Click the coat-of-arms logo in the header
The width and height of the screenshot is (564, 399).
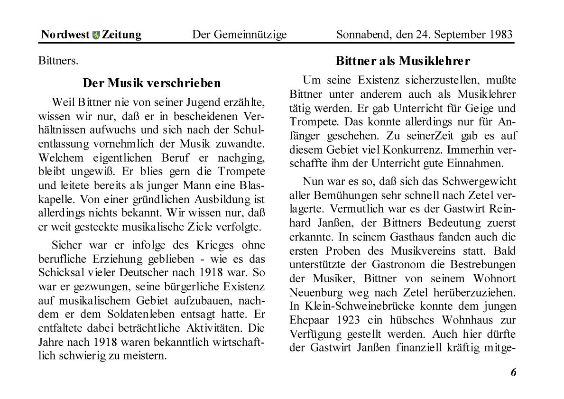(96, 35)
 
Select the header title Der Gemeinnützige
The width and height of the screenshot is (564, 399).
(239, 35)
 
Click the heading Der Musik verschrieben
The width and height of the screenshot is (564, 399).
(152, 84)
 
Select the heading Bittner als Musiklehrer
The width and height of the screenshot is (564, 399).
(403, 61)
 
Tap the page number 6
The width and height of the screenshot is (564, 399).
(513, 372)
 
